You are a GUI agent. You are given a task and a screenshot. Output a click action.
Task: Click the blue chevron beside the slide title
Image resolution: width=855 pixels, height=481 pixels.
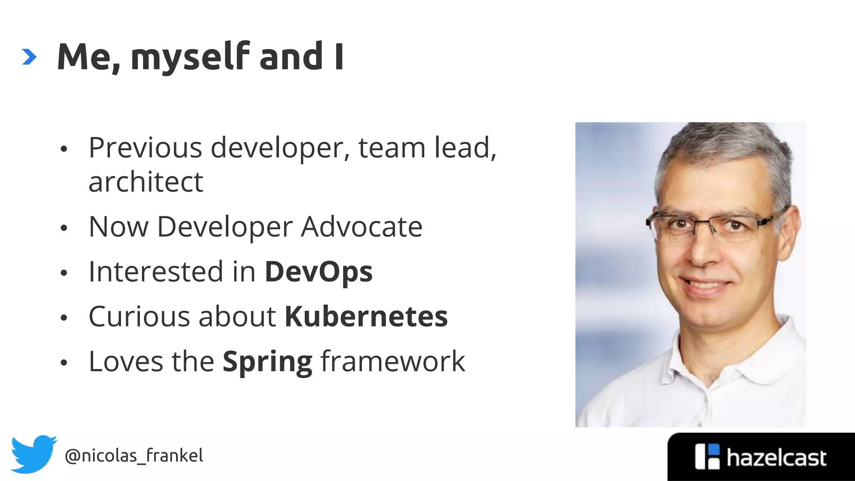(x=29, y=57)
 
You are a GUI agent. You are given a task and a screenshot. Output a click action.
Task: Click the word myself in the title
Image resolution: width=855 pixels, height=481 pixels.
(x=190, y=58)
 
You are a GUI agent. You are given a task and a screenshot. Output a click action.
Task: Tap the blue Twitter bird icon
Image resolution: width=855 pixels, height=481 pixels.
(x=33, y=454)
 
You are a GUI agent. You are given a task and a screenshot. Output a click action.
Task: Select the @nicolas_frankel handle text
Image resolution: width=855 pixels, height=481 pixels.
(x=134, y=456)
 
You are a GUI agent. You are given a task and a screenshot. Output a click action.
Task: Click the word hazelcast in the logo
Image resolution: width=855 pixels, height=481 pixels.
(x=776, y=458)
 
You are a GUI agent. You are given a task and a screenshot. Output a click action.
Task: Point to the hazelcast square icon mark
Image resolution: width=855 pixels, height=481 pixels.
(x=707, y=456)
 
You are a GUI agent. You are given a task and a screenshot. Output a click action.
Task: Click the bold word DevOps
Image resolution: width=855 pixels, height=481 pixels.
(x=318, y=272)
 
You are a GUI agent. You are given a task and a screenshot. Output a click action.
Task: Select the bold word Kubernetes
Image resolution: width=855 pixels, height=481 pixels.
(x=366, y=316)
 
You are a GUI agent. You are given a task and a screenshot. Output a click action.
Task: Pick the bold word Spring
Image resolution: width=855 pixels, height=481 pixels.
(x=267, y=362)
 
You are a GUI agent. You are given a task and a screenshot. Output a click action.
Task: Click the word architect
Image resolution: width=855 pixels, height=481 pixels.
(x=146, y=182)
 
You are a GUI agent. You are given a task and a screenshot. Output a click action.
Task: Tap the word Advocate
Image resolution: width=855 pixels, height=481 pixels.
(x=362, y=227)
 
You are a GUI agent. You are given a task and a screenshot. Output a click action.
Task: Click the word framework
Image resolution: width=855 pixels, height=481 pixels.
(x=392, y=361)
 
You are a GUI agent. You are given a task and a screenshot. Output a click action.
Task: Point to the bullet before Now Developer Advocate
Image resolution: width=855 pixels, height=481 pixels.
(x=63, y=228)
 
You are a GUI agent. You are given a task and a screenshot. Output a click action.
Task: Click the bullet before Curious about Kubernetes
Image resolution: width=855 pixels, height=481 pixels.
(x=63, y=318)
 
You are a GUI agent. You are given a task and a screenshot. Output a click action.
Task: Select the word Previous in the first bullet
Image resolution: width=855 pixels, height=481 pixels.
(x=145, y=148)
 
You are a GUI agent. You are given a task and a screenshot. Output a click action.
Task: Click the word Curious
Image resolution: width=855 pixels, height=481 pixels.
(x=140, y=316)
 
